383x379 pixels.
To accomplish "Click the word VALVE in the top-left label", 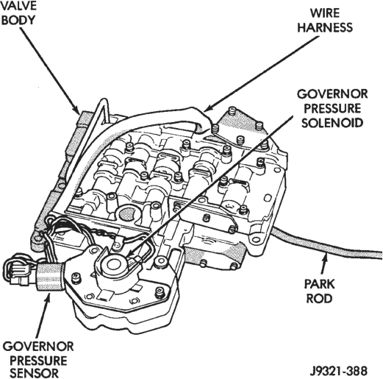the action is pos(18,5).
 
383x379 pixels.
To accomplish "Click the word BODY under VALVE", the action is pos(18,20).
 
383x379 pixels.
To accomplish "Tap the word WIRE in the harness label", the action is pos(325,13).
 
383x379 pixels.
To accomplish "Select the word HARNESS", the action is pos(325,27).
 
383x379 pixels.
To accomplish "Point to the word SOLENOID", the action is pos(332,123).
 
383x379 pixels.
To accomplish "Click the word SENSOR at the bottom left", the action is pos(35,373).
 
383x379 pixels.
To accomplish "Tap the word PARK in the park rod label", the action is pos(319,284).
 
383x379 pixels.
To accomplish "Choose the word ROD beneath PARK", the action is pos(319,299).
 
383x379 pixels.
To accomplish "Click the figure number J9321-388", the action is pos(339,371).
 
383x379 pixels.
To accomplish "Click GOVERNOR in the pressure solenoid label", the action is pos(332,94).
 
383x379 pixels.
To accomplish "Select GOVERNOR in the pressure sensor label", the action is pos(38,347).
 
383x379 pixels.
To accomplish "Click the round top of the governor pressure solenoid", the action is pos(114,265).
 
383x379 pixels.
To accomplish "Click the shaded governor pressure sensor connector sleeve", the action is pos(49,277).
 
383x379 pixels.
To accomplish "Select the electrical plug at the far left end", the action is pos(18,272).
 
